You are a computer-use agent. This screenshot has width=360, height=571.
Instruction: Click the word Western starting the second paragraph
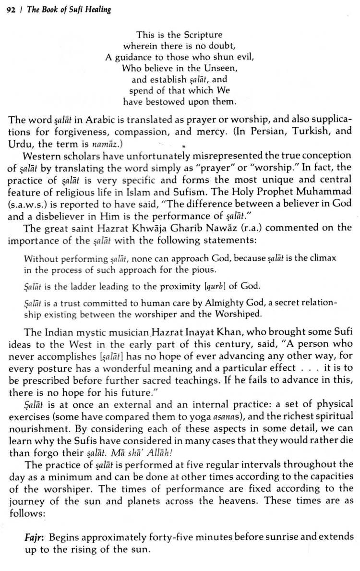pyautogui.click(x=41, y=156)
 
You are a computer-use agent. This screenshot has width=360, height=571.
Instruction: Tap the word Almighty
pyautogui.click(x=216, y=304)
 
